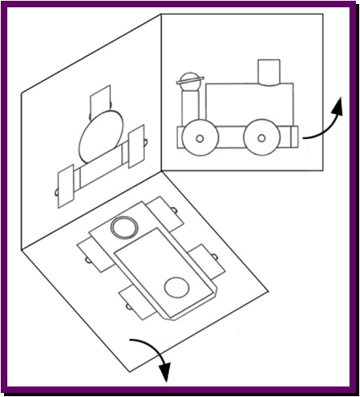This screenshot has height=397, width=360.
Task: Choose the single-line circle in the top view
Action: (x=176, y=287)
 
